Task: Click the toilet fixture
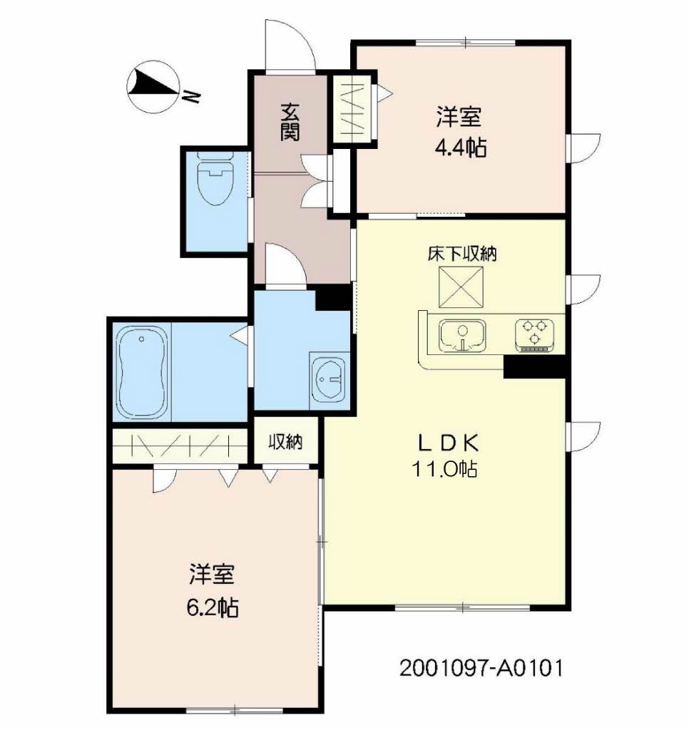(x=215, y=179)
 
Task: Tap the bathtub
(x=142, y=372)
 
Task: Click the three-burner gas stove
(x=534, y=335)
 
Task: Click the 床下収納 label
(x=462, y=254)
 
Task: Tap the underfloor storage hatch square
(x=461, y=287)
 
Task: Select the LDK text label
(x=448, y=443)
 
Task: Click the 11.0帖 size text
(x=444, y=469)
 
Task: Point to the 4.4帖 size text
(x=460, y=148)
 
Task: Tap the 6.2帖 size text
(x=213, y=607)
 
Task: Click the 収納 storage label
(x=285, y=441)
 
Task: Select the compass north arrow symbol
(x=153, y=87)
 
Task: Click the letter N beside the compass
(x=191, y=96)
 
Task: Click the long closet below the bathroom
(x=180, y=446)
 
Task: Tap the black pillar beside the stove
(x=535, y=366)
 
